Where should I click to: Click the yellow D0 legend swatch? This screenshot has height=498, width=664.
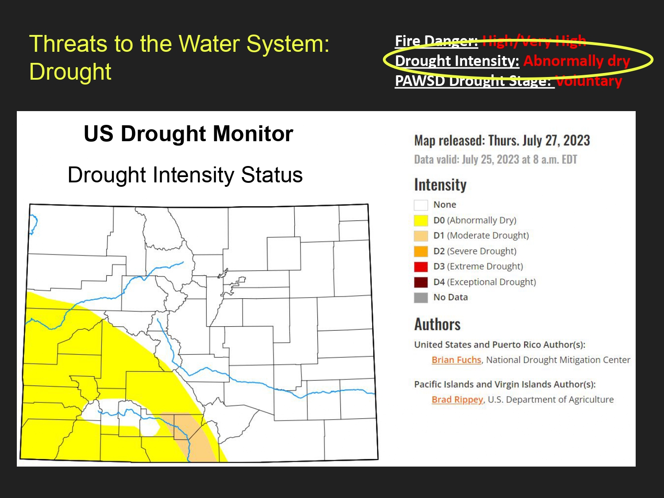(x=421, y=220)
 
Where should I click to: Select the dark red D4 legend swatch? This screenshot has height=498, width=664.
(x=421, y=282)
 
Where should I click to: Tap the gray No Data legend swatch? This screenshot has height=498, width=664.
(x=421, y=297)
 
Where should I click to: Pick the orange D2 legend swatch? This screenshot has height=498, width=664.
(x=421, y=251)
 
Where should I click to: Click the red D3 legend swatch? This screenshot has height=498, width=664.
(x=421, y=266)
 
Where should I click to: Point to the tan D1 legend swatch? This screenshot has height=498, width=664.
(x=421, y=236)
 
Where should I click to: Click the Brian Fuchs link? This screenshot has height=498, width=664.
(x=456, y=360)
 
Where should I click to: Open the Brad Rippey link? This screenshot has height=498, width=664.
(x=457, y=400)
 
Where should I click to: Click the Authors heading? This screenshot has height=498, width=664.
(x=437, y=324)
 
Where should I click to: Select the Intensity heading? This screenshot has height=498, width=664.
(x=440, y=185)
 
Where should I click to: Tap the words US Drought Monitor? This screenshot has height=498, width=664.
(x=189, y=133)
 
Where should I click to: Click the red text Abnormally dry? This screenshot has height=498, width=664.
(x=577, y=61)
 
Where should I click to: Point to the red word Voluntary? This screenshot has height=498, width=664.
(x=589, y=81)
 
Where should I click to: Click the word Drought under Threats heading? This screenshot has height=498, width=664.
(x=70, y=72)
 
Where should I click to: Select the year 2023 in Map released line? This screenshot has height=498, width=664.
(x=577, y=141)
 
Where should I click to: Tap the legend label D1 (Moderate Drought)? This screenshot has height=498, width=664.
(x=481, y=235)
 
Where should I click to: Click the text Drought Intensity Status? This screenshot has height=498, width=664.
(x=185, y=175)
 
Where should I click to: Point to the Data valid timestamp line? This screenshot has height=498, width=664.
(x=495, y=159)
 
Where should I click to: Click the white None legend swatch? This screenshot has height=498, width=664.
(x=421, y=205)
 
